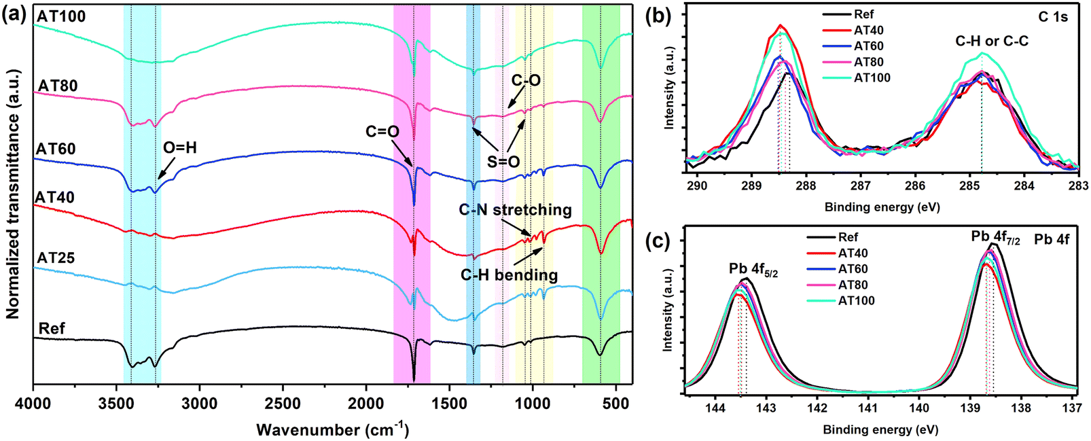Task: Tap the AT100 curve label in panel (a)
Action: [x=61, y=16]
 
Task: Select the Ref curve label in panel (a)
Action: [x=52, y=329]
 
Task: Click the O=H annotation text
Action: [x=179, y=147]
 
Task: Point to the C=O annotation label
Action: [x=382, y=131]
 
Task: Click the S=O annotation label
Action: [x=503, y=162]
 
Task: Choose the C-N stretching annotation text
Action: [x=515, y=210]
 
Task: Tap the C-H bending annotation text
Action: [x=509, y=275]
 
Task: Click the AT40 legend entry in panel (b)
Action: [x=869, y=30]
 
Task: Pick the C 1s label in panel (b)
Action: [x=1052, y=17]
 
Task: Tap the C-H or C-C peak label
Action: [x=992, y=41]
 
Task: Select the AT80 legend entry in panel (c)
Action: [x=853, y=285]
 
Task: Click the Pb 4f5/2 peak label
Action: [x=753, y=269]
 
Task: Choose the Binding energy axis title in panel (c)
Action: [x=880, y=429]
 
